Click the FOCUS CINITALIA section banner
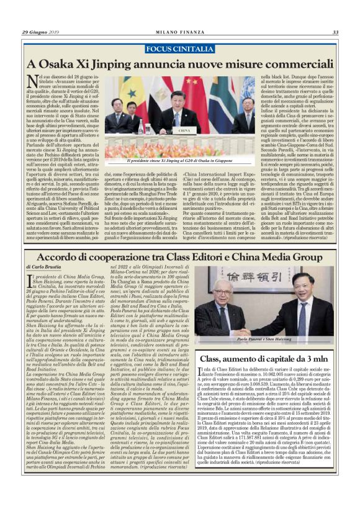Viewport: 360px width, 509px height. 180,48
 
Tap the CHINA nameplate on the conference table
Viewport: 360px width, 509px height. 185,130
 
